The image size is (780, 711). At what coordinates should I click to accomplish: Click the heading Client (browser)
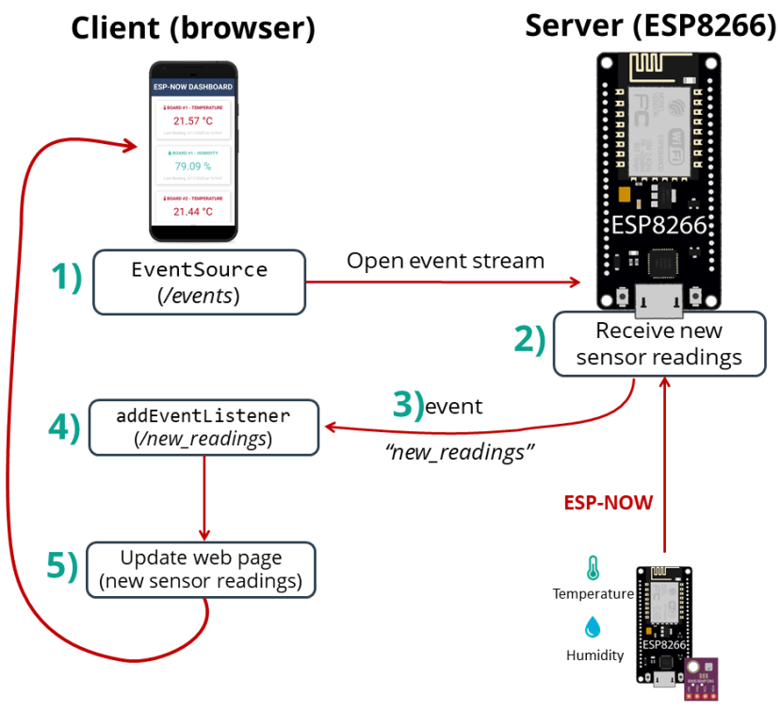coord(192,28)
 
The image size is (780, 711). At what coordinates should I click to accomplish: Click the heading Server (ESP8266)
coord(650,24)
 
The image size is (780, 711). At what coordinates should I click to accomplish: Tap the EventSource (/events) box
coord(199,282)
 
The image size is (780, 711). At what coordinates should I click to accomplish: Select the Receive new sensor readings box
coord(658,344)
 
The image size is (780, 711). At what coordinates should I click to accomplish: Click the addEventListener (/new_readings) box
coord(203,426)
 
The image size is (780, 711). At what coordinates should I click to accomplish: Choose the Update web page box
coord(201,570)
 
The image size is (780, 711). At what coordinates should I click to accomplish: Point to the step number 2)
coord(529,340)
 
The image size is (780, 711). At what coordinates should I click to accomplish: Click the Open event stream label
coord(446,261)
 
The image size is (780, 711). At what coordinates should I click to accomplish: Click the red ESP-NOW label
coord(608,502)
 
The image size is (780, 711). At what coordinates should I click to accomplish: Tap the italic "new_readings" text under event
coord(460,452)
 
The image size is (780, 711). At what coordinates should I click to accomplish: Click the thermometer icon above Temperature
coord(593,568)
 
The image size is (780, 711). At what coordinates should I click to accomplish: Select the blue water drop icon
coord(593,628)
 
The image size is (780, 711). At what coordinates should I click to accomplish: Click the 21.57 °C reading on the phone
coord(192,121)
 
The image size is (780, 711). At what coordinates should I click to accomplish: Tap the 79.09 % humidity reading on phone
coord(192,167)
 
